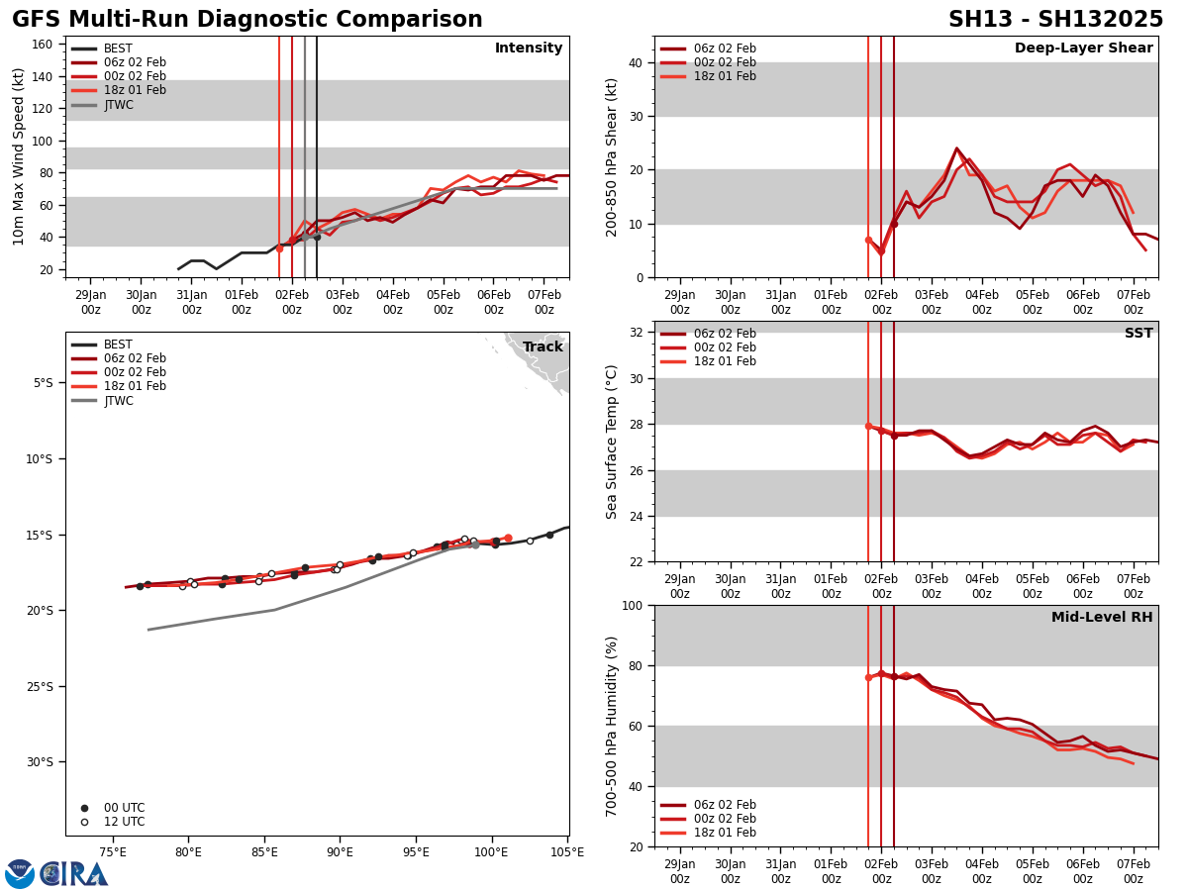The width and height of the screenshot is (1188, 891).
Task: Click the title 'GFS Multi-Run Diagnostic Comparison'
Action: (x=247, y=20)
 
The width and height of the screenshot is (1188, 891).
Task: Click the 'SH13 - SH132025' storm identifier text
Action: (x=1055, y=20)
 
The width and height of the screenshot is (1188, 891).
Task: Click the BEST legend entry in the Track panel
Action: (x=118, y=345)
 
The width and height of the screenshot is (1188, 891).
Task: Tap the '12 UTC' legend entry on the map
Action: (x=124, y=822)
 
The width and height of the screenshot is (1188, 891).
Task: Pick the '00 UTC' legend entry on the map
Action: (x=124, y=808)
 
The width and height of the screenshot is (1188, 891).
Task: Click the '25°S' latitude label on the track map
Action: (x=39, y=686)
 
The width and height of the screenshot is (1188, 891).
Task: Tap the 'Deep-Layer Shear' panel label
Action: (x=1083, y=49)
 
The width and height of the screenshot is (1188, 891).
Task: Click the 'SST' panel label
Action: (x=1138, y=334)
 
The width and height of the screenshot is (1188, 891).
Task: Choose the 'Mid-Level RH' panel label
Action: (x=1102, y=618)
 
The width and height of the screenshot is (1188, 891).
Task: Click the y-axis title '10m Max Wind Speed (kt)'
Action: (x=19, y=156)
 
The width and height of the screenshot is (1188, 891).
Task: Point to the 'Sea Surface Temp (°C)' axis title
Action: (x=612, y=442)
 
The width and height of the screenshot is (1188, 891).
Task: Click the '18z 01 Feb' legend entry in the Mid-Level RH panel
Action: (x=725, y=833)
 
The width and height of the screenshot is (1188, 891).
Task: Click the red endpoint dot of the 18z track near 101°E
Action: (x=508, y=538)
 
